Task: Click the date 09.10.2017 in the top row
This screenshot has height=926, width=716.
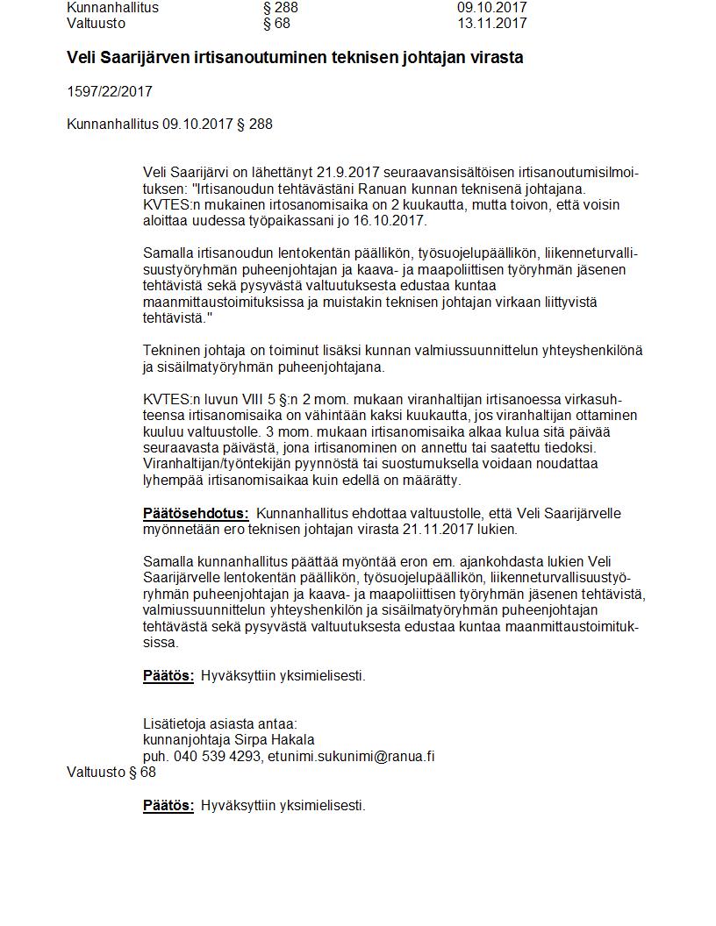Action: pos(491,7)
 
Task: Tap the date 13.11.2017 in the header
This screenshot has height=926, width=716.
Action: pos(491,23)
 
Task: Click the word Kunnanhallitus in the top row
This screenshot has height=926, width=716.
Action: pos(112,7)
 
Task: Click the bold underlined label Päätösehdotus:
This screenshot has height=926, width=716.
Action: pos(196,513)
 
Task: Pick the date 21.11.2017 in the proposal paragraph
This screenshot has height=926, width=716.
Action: pos(438,529)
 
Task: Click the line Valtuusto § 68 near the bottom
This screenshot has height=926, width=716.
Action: pos(111,772)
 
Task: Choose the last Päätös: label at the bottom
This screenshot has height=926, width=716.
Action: pos(168,805)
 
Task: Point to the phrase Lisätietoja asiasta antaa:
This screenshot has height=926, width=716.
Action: pos(220,723)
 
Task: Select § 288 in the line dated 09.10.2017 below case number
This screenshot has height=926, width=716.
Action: pos(255,124)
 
